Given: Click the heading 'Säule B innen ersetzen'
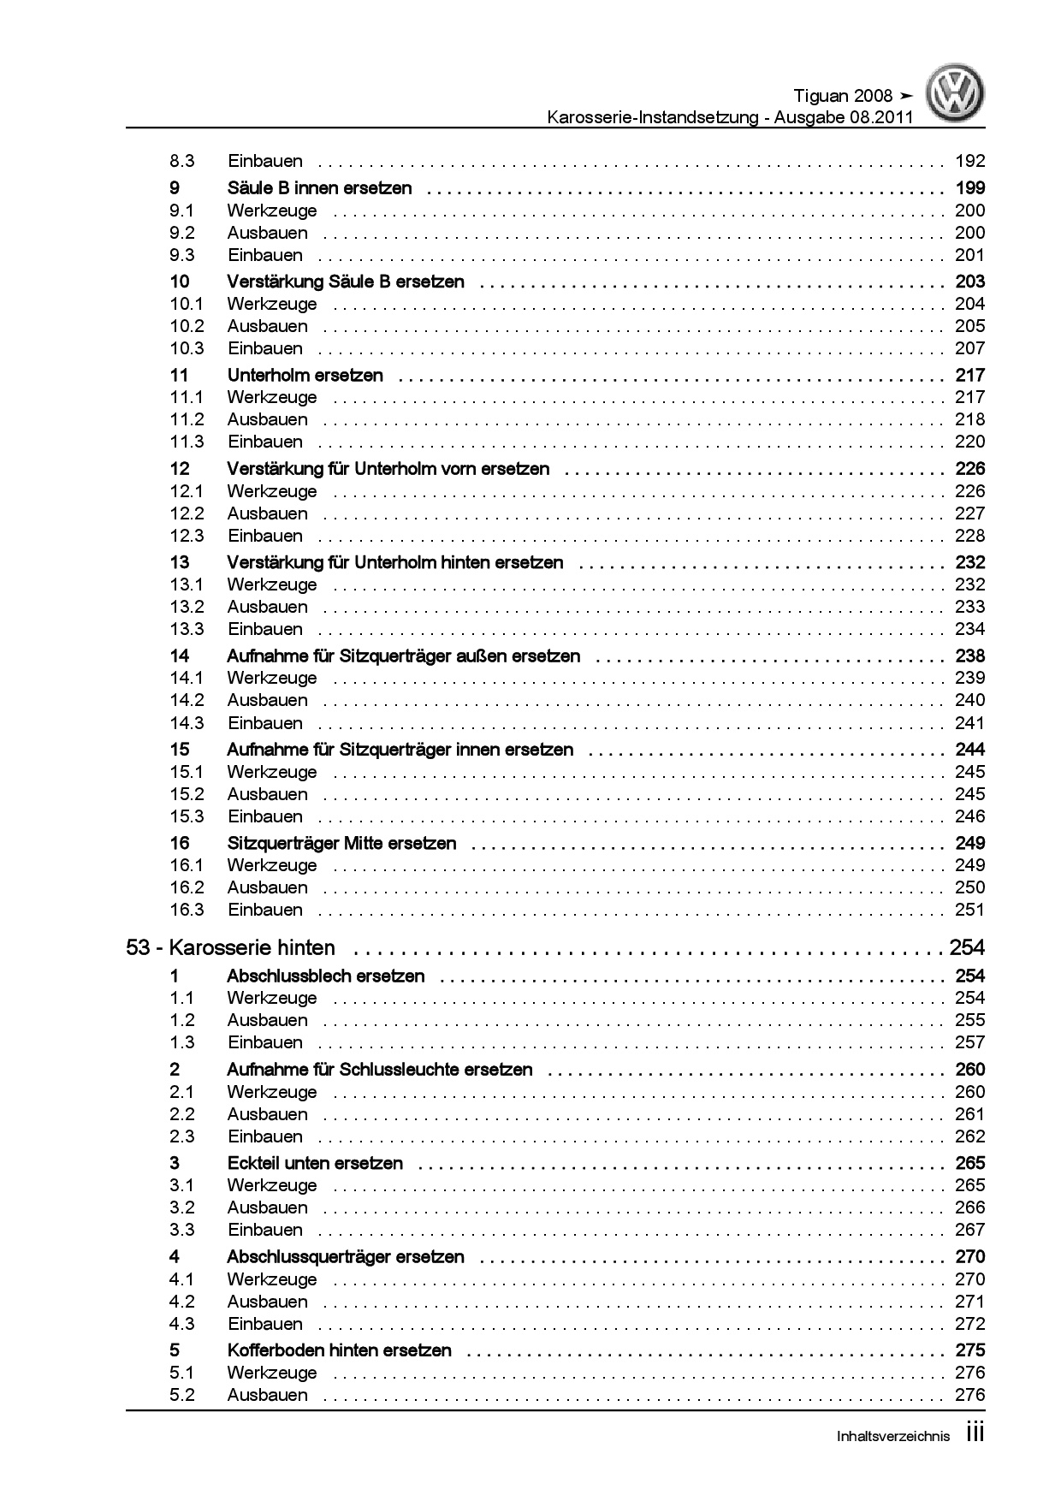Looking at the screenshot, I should coord(319,188).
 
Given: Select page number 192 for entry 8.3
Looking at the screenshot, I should coord(969,161).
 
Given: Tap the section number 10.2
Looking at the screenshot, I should coord(187,326).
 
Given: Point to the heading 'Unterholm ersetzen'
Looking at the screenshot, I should coord(305,375).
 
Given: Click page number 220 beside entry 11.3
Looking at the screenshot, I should coord(969,442).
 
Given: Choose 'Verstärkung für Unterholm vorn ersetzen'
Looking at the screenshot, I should coord(388,469).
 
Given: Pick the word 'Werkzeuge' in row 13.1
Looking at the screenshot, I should coord(272,584).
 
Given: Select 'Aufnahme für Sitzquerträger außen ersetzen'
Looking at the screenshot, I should coord(403,656).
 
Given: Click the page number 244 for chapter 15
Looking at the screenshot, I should coord(969,750).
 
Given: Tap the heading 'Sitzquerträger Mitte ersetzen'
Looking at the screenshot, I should coord(341,843).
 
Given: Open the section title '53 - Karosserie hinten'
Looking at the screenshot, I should coord(230,948).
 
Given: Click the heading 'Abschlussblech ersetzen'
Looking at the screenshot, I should coord(325,976).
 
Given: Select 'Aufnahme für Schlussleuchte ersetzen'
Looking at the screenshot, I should coord(379,1070).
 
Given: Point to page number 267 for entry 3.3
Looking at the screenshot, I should coord(969,1230).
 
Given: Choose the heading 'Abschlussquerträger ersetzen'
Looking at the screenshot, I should coord(345,1257).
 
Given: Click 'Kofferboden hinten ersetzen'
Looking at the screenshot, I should coord(339,1350).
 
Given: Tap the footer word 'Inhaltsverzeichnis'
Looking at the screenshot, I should coord(892,1437).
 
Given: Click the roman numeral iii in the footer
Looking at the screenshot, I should coord(975,1433).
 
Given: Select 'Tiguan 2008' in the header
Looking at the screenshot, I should coord(843,96).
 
